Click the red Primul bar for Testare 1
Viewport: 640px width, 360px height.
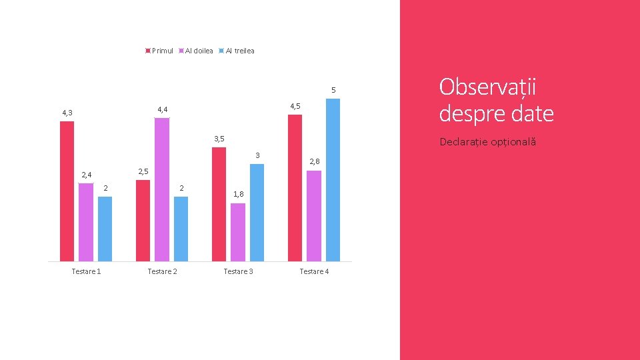67,191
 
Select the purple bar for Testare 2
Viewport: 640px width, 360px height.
162,189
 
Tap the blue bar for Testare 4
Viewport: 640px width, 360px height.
333,180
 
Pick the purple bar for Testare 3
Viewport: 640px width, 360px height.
238,232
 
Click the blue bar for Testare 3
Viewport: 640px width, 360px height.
257,213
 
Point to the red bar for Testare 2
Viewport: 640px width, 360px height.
143,221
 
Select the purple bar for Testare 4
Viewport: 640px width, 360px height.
314,216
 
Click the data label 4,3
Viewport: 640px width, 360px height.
67,113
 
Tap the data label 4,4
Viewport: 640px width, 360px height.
163,109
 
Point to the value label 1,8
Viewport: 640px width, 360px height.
239,194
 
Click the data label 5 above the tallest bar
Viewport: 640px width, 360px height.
333,90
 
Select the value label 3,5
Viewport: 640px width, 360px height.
219,139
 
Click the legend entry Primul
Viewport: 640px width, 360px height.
159,51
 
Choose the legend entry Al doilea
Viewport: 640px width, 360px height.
196,51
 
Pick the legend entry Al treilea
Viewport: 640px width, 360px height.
237,51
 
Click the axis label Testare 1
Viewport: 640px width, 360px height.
86,271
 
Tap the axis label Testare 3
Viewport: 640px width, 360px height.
239,271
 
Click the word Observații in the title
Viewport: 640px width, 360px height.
487,87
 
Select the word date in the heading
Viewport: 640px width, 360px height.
532,113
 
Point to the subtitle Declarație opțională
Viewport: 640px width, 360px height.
488,142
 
